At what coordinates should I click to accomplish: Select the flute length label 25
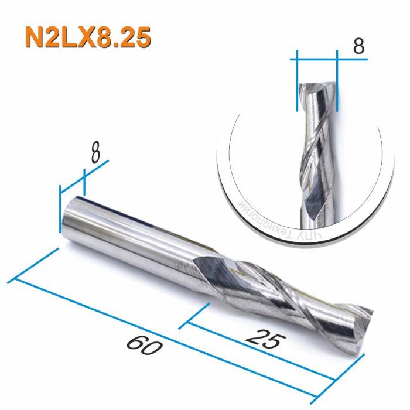pos(264,339)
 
